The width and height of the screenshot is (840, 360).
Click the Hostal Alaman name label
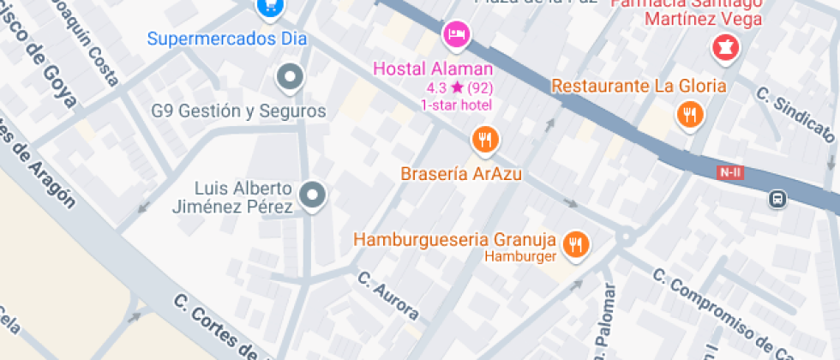[x=445, y=69]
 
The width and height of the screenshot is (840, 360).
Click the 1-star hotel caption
[x=455, y=105]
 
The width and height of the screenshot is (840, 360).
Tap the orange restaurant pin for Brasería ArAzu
[x=485, y=139]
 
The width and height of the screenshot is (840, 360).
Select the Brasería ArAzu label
[x=461, y=174]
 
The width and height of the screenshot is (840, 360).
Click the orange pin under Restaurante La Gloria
[x=689, y=114]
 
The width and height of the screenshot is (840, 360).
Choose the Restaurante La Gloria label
[x=639, y=86]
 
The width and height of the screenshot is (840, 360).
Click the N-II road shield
[x=730, y=173]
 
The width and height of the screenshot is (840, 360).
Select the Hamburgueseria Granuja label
[x=455, y=239]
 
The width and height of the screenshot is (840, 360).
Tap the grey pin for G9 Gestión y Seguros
[x=291, y=77]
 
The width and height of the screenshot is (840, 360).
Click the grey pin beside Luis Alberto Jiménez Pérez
[x=315, y=195]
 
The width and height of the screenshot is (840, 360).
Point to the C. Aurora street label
[x=387, y=296]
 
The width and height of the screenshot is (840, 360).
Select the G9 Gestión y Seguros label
[x=238, y=111]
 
